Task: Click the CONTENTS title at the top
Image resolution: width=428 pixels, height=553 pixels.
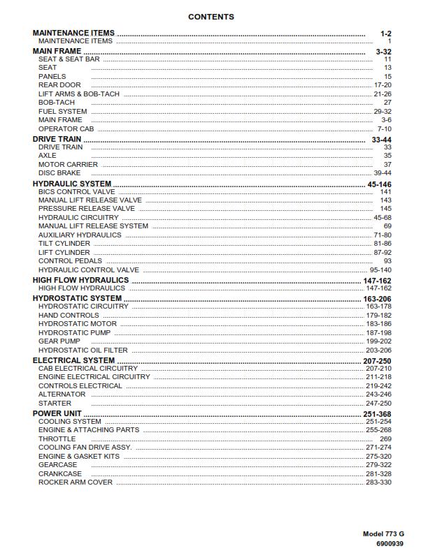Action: coord(211,17)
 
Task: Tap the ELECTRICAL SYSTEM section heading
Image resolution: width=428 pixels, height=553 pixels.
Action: coord(73,361)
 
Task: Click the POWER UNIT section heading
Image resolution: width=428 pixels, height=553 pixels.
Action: coord(57,414)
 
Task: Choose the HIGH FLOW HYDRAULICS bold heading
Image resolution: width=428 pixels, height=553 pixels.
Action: coord(80,280)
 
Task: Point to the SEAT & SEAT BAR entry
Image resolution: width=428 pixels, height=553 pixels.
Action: coord(69,59)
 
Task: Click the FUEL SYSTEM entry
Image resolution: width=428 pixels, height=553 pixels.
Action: coord(63,112)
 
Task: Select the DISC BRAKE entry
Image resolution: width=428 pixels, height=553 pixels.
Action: coord(59,173)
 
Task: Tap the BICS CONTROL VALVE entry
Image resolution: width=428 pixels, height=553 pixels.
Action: coord(77,192)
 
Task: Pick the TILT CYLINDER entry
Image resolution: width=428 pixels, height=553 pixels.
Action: coord(64,244)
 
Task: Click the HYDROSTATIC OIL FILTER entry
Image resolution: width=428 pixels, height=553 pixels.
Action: coord(83,351)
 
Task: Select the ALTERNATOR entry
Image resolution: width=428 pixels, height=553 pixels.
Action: coord(62,395)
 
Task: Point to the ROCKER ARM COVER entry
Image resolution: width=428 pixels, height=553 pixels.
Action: coord(76,482)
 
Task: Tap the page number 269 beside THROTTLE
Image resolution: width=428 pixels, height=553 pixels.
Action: coord(385,439)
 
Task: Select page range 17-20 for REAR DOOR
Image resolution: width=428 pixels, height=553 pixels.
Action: coord(383,85)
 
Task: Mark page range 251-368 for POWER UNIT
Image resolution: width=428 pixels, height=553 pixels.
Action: coord(377,414)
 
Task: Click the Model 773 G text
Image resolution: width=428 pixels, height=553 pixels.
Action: coord(383,534)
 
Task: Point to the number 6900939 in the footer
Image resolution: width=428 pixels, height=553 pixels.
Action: coord(390,543)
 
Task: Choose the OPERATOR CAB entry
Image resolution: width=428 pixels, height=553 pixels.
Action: coord(66,129)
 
